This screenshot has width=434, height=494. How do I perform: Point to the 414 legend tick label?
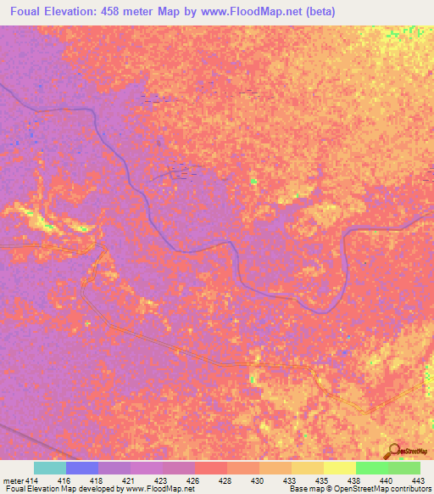pyautogui.click(x=31, y=480)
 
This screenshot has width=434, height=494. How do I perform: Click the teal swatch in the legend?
pyautogui.click(x=50, y=468)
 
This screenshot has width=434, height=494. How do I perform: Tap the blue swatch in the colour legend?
pyautogui.click(x=82, y=468)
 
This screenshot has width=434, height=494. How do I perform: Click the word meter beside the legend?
pyautogui.click(x=11, y=480)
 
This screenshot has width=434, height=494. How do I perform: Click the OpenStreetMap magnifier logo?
pyautogui.click(x=393, y=451)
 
